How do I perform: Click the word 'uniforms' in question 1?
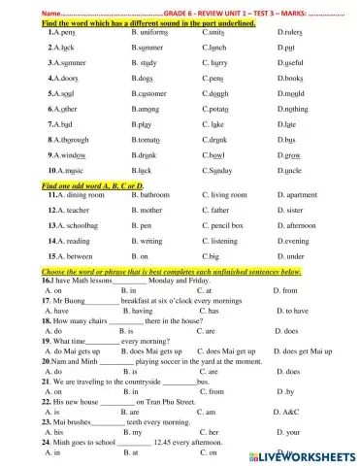(x=152, y=33)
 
